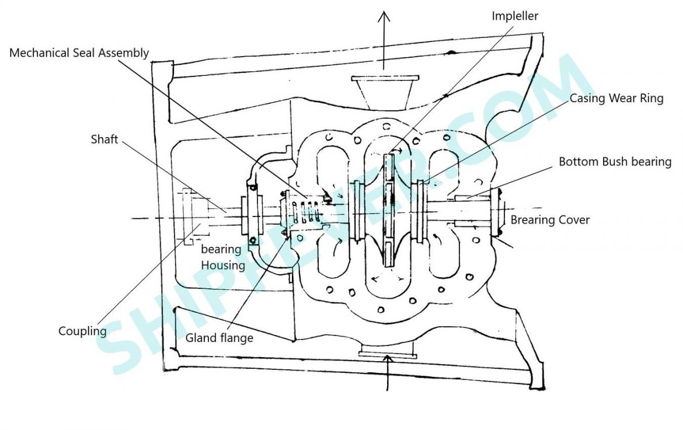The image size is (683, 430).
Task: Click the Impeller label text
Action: tap(514, 16)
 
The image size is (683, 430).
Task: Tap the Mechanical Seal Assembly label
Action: tap(79, 53)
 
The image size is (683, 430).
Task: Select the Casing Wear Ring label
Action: tap(616, 98)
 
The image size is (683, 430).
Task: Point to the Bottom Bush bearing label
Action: tap(615, 162)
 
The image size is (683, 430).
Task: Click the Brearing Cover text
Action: tap(550, 220)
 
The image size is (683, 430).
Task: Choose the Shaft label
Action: tap(105, 139)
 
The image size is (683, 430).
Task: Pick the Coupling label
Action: tap(82, 331)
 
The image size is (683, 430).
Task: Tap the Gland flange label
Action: tap(219, 338)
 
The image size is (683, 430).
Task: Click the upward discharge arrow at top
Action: tap(384, 35)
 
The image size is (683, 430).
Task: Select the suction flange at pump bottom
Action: tap(388, 351)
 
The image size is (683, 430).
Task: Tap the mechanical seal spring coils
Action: tap(305, 213)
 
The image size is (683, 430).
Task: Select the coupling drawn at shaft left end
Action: tap(193, 217)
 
